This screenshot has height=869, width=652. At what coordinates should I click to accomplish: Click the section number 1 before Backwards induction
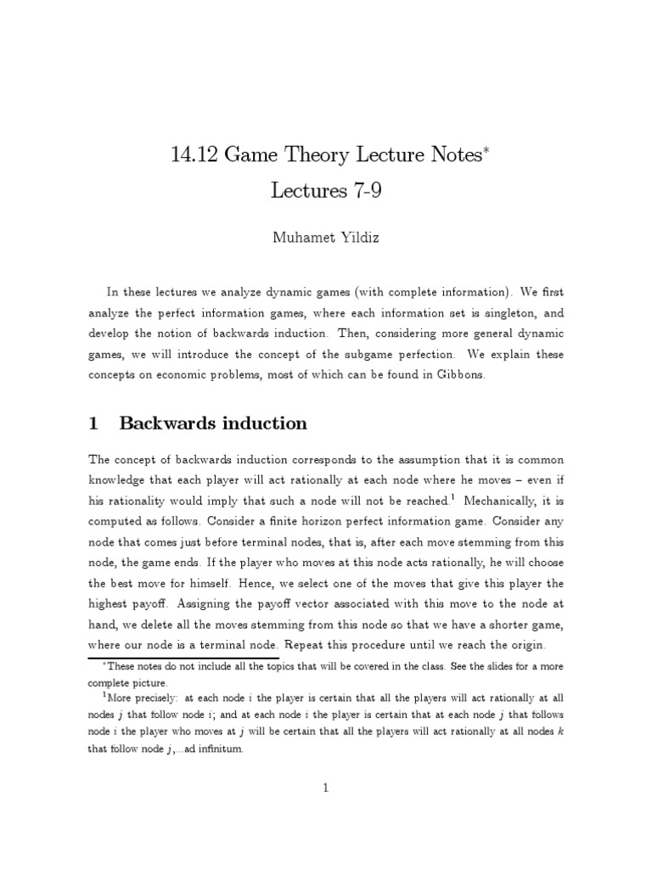point(94,423)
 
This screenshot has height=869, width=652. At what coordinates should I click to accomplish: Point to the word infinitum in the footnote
point(214,749)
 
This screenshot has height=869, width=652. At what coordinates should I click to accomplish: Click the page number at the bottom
point(326,788)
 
